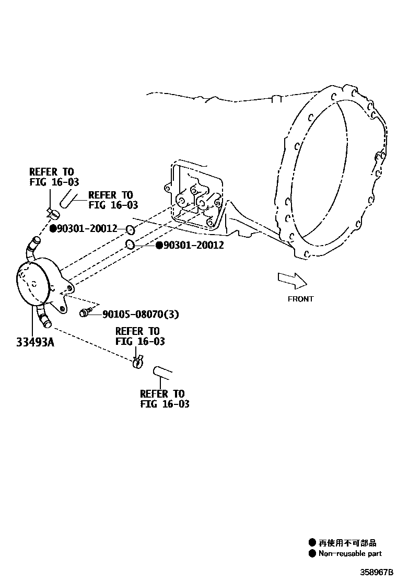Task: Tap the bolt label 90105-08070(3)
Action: pos(141,314)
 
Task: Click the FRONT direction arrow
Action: pos(291,280)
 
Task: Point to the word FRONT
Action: pos(300,299)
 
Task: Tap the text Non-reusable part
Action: pos(350,553)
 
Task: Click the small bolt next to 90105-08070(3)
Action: pos(84,313)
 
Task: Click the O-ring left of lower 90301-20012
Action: pos(131,245)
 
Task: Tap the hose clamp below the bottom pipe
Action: pos(138,361)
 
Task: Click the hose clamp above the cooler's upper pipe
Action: pos(52,213)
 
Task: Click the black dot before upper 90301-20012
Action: pos(53,228)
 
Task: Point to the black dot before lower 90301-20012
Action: pos(159,245)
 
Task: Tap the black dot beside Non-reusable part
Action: pos(312,553)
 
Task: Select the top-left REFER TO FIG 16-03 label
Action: pos(51,177)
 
